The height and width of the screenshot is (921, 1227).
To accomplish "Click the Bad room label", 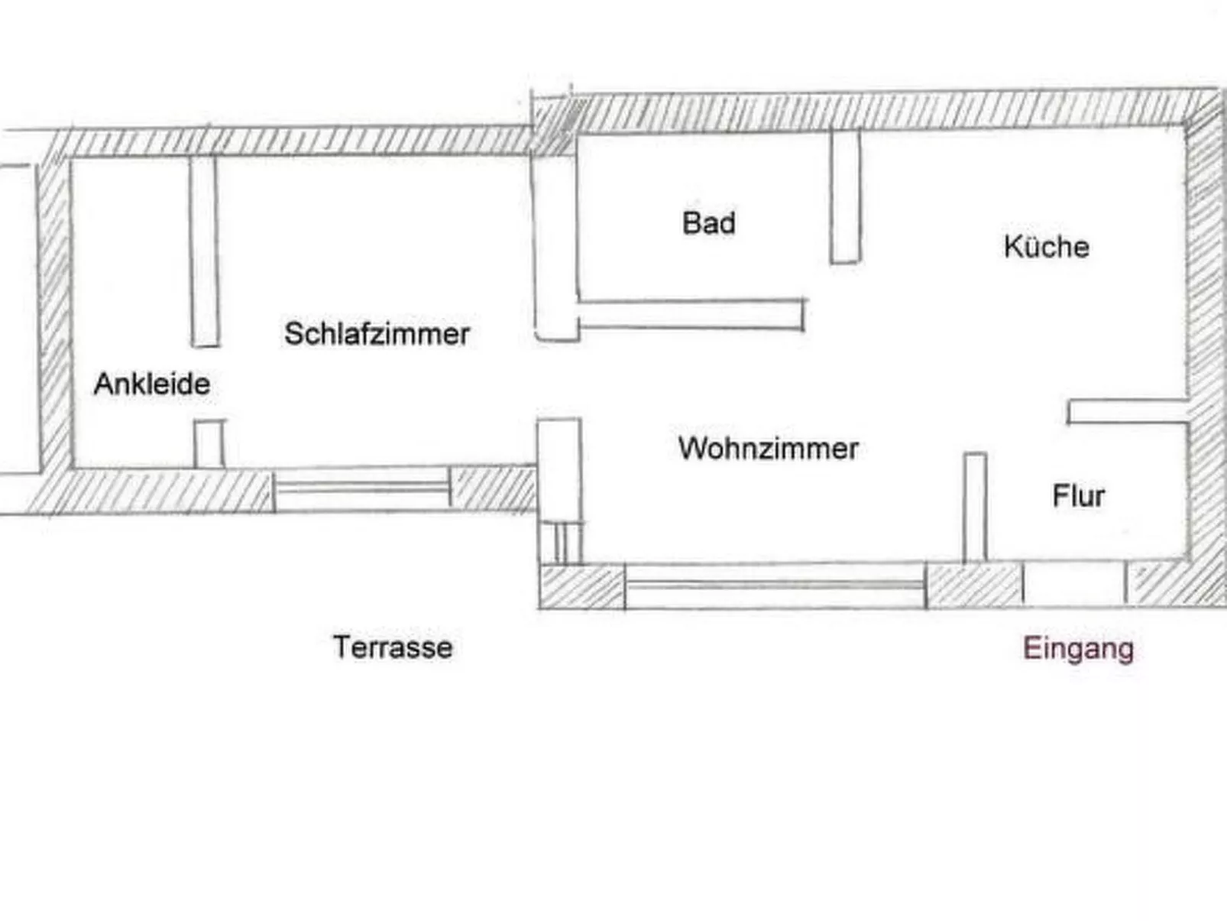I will pyautogui.click(x=708, y=223).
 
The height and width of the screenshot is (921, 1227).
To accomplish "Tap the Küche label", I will pyautogui.click(x=1046, y=247).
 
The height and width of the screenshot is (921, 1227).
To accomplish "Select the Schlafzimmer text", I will pyautogui.click(x=377, y=334).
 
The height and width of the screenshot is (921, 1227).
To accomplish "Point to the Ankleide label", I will pyautogui.click(x=152, y=384).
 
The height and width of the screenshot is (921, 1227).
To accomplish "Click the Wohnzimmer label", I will pyautogui.click(x=768, y=448).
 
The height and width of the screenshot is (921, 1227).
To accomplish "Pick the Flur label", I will pyautogui.click(x=1078, y=496).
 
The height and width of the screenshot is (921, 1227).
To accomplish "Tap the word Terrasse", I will pyautogui.click(x=393, y=647).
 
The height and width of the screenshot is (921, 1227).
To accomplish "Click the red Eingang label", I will pyautogui.click(x=1078, y=649).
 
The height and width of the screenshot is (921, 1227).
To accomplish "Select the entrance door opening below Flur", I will pyautogui.click(x=1073, y=584).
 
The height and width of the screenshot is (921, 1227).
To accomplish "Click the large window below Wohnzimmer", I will pyautogui.click(x=775, y=585).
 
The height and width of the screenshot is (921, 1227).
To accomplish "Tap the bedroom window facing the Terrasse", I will pyautogui.click(x=361, y=488).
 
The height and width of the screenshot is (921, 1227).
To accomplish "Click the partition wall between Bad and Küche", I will pyautogui.click(x=845, y=197).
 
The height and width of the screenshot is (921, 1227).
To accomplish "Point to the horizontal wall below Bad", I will pyautogui.click(x=691, y=315).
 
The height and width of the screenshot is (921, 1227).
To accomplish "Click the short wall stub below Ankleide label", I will pyautogui.click(x=209, y=443).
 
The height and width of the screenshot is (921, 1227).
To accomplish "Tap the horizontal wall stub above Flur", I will pyautogui.click(x=1127, y=411).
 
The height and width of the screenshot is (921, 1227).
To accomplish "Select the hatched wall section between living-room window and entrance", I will pyautogui.click(x=974, y=585).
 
